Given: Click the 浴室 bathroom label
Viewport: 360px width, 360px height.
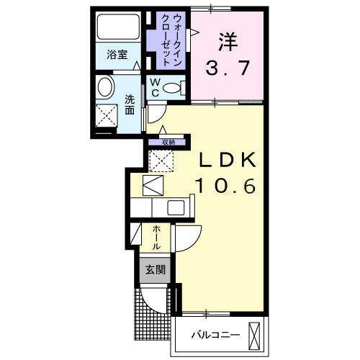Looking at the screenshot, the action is (x=117, y=55).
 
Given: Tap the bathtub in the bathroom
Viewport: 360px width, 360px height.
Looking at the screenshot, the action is (x=119, y=27).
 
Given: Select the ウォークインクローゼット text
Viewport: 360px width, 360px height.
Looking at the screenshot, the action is (x=171, y=40).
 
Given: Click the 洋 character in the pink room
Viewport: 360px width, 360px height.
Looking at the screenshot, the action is (x=228, y=42).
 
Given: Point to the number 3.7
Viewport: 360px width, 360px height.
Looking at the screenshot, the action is (x=228, y=68).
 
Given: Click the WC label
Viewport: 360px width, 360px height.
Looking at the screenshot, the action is (x=156, y=88).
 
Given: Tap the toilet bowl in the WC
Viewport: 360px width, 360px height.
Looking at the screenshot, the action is (x=171, y=88).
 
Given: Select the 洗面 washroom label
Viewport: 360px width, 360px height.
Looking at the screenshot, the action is (x=130, y=105).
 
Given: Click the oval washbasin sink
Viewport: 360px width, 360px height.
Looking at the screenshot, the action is (x=105, y=86).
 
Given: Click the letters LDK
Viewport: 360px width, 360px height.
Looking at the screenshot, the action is (x=228, y=160).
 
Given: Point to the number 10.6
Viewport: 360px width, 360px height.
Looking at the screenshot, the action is (x=225, y=186).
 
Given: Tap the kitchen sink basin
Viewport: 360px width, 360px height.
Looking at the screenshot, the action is (x=176, y=208).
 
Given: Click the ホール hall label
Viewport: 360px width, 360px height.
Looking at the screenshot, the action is (x=156, y=238).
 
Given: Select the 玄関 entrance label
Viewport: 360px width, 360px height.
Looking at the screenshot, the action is (x=156, y=270).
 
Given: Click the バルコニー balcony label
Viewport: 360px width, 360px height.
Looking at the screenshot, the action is (x=215, y=335).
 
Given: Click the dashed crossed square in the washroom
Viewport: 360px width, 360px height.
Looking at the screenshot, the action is (x=107, y=115).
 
